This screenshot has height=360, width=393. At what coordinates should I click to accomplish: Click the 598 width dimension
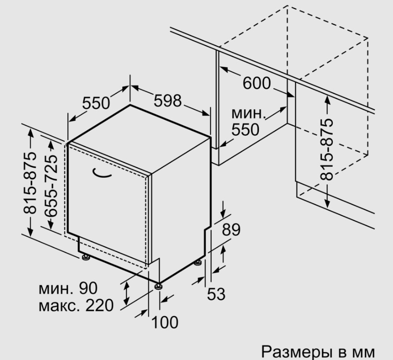167,101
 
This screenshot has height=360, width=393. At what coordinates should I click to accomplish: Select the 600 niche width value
257,83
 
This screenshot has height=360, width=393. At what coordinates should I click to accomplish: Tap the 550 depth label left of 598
96,103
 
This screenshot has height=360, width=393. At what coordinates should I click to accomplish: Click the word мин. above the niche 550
248,114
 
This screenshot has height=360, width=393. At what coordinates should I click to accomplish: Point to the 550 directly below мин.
246,130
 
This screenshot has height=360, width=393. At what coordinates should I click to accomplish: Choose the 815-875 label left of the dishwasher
30,183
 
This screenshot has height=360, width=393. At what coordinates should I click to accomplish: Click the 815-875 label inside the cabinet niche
327,149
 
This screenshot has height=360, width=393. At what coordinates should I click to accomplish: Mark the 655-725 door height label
51,186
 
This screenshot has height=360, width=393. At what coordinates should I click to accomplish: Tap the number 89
231,229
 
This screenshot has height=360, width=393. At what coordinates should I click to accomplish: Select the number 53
216,294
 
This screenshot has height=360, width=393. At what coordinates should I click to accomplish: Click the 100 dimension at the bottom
165,323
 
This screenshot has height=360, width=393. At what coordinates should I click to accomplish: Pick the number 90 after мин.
88,288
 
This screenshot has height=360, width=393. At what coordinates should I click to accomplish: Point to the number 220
99,305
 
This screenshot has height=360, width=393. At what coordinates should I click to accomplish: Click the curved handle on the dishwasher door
102,173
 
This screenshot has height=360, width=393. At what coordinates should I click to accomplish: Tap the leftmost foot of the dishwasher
86,257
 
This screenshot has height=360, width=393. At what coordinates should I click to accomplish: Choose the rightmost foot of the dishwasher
198,263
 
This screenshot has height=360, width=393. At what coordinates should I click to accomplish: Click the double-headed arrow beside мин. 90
127,293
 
